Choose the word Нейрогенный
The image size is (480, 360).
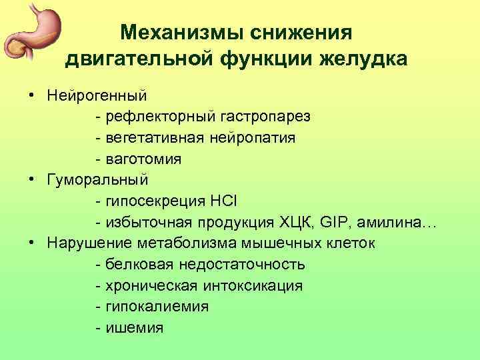tap(97, 96)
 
